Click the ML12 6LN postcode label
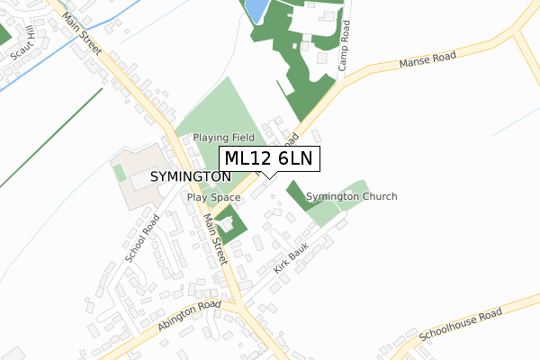point(267,158)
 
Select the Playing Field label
point(222,138)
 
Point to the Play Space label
point(213,197)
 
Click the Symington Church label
point(351,196)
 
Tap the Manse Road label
point(427,60)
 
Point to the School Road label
point(142,238)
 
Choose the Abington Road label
point(188,318)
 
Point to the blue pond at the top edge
point(255,10)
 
